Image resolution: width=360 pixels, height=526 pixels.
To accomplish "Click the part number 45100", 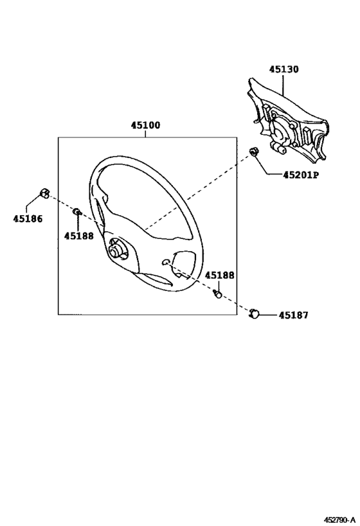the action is point(145,125).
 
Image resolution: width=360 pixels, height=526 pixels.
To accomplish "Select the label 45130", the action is point(283,69).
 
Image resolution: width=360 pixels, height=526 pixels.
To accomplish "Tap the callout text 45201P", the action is point(301,175).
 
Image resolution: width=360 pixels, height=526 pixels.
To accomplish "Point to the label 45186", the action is point(28,219).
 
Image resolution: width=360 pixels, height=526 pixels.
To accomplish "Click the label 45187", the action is point(293,315).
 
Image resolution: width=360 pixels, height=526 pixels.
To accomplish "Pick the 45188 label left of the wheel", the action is point(79,236).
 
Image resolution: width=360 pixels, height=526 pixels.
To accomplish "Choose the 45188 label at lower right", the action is point(220,275).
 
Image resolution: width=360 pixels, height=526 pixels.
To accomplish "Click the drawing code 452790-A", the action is point(339,520).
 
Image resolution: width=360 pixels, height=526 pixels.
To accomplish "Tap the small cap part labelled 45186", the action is point(44,193).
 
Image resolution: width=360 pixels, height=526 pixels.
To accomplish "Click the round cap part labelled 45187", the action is point(254,313).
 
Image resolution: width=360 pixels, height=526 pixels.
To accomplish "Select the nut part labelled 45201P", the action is point(253,152).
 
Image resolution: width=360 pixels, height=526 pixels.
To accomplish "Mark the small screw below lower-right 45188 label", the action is point(218,294).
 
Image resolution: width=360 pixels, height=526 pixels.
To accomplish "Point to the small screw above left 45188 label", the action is point(77,212).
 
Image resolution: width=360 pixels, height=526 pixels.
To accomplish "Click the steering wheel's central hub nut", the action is point(116,250).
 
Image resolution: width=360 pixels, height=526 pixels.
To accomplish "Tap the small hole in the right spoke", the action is point(165,262).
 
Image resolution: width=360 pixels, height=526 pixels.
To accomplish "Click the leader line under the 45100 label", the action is point(145,134).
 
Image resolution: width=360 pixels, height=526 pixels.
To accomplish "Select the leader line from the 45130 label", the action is point(283,85).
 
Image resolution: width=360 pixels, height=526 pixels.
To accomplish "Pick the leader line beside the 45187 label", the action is point(268,315).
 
